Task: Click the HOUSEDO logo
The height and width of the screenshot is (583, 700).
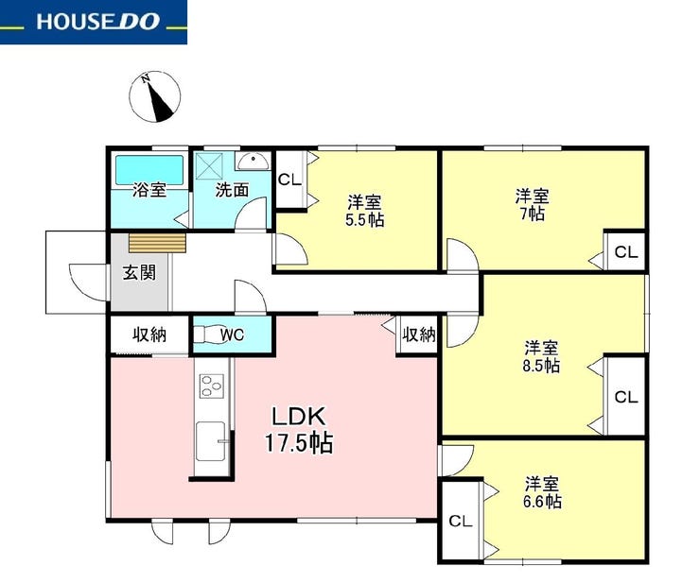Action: coord(94,22)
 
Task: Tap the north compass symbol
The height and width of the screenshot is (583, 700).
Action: coord(154,95)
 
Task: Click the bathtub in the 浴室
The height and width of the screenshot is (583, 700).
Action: coord(149,170)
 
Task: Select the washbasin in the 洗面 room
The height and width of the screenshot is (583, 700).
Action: coord(254,161)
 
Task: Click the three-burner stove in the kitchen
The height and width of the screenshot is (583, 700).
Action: coord(212,386)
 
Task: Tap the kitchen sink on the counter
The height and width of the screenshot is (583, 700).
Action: coord(211,441)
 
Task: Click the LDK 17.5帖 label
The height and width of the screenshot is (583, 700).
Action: coord(299,431)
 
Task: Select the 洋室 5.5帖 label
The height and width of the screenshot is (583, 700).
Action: coord(365,211)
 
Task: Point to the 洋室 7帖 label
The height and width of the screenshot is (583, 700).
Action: coord(533,205)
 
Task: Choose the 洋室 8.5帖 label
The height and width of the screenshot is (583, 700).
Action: coord(541,357)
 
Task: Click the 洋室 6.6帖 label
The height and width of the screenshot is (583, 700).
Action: coord(541,492)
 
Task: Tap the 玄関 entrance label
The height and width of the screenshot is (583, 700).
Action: coord(140,272)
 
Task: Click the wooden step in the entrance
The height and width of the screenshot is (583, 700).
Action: coord(157,243)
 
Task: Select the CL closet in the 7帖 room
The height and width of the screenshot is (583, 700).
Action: coord(626,252)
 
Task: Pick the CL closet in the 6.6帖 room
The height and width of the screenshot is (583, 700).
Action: coord(461,521)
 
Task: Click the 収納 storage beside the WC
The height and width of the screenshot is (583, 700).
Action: coord(149,334)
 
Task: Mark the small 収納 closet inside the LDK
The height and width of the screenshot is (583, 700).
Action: coord(418,334)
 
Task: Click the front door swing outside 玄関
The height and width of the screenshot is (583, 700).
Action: coord(88,282)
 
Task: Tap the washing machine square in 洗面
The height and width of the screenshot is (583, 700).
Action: coord(209,166)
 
